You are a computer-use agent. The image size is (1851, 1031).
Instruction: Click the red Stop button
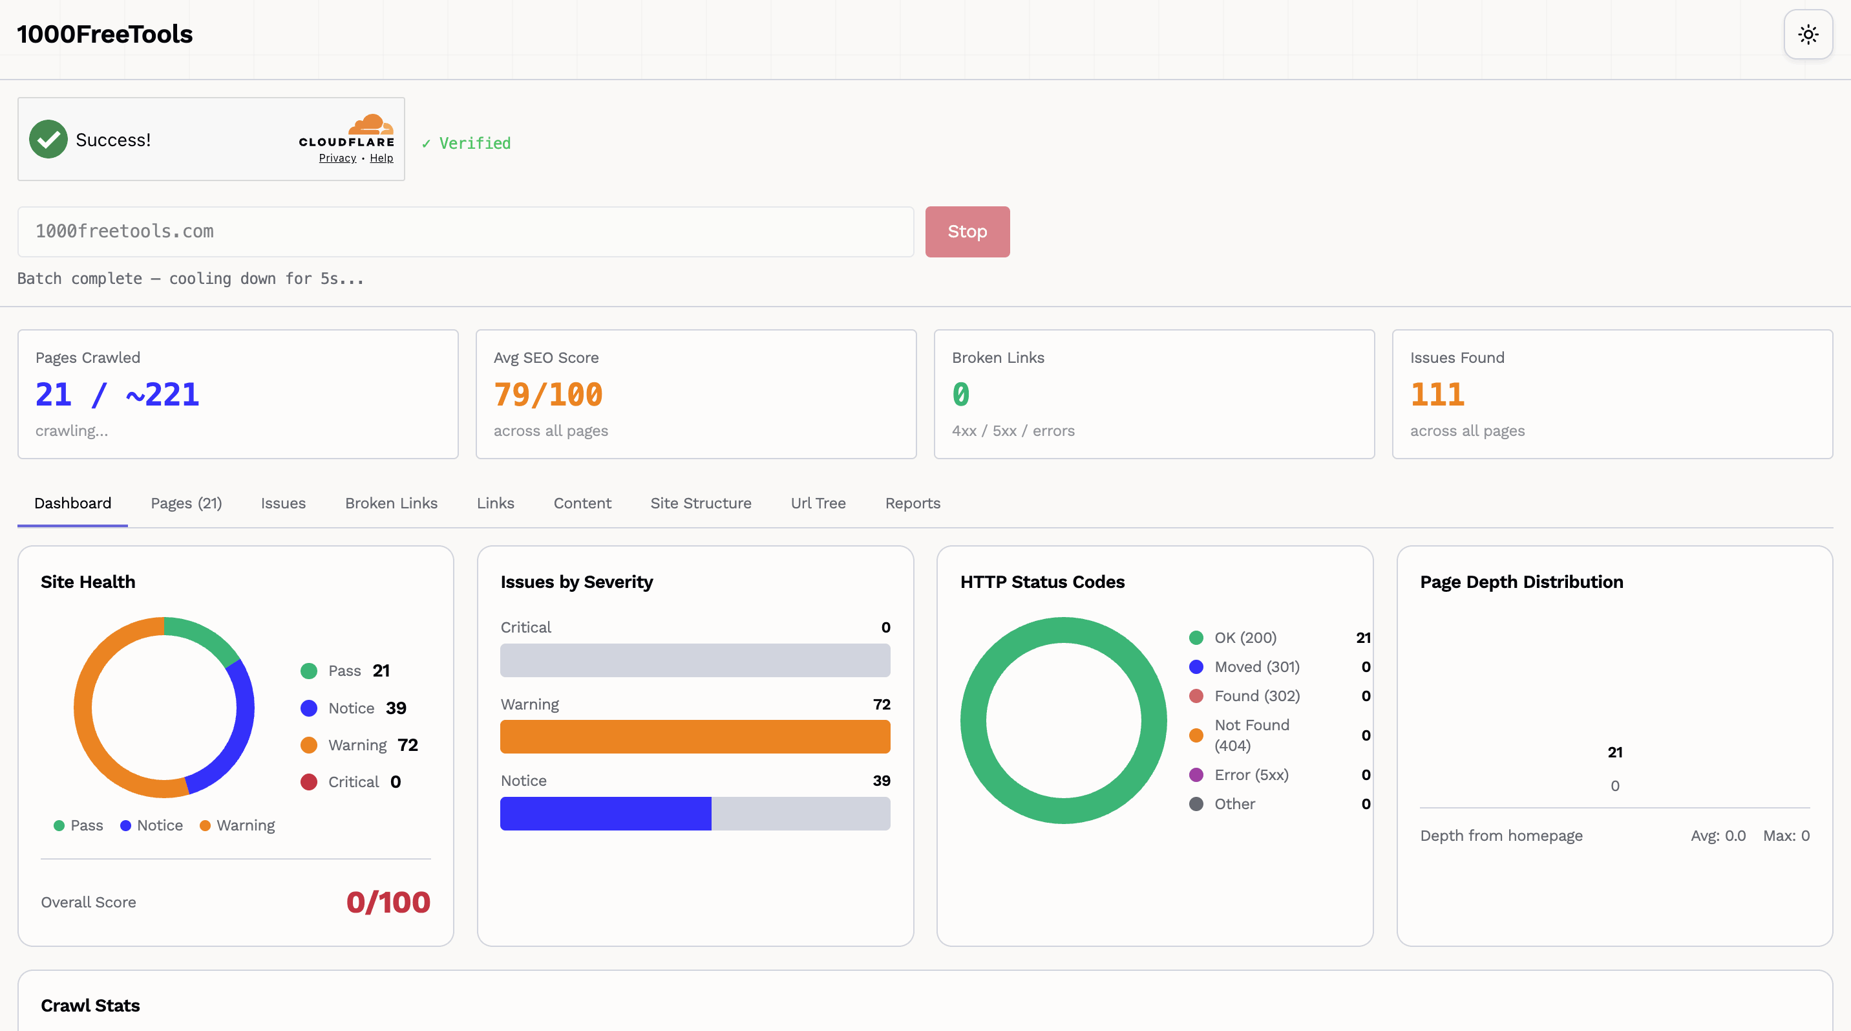[967, 232]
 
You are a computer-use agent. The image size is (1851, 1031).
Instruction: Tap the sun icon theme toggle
[1808, 34]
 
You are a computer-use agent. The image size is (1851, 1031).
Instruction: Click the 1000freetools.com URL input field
[465, 232]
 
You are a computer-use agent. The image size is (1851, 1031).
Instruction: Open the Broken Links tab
[391, 503]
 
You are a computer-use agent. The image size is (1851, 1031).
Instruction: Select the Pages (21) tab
[186, 503]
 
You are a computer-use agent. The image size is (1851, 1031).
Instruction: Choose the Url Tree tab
[818, 503]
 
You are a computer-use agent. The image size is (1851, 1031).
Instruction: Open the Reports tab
[912, 503]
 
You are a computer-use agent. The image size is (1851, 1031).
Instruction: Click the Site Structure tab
[701, 503]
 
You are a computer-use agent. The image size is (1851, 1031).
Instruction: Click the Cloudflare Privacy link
[337, 158]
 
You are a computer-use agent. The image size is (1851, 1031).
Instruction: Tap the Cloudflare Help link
[381, 158]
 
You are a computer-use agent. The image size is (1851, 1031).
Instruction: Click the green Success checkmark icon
[48, 140]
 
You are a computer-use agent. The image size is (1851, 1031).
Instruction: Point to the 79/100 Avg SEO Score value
[547, 395]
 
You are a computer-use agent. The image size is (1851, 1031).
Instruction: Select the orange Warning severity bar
[695, 737]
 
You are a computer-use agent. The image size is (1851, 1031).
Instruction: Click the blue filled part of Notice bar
[605, 813]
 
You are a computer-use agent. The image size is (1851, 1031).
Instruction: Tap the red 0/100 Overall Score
[388, 902]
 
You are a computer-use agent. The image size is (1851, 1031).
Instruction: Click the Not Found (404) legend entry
[1251, 735]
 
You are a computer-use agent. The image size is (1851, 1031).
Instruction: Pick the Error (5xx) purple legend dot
[1196, 775]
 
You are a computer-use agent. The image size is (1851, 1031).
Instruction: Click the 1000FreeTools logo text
[105, 34]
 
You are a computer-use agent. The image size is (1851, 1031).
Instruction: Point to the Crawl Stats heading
[90, 1005]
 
